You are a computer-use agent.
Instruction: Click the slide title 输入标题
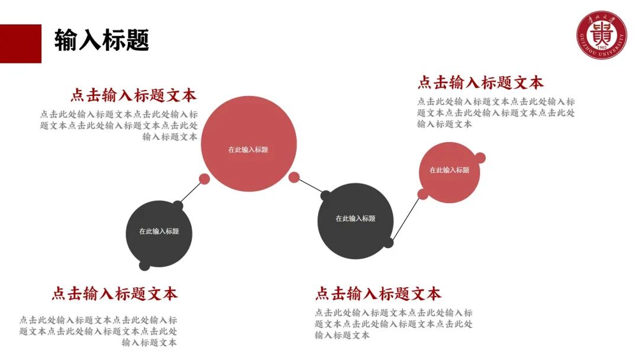pyautogui.click(x=101, y=40)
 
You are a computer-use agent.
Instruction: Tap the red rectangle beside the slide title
pyautogui.click(x=20, y=43)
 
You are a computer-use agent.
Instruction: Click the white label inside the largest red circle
pyautogui.click(x=248, y=150)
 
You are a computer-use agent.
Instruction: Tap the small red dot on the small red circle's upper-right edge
pyautogui.click(x=480, y=158)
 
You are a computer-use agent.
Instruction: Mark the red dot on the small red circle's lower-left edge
pyautogui.click(x=423, y=194)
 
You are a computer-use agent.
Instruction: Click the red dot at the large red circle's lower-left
pyautogui.click(x=204, y=179)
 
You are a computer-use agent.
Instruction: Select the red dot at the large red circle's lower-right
pyautogui.click(x=294, y=177)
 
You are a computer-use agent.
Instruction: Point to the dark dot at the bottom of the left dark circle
pyautogui.click(x=144, y=266)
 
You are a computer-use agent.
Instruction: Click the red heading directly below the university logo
pyautogui.click(x=480, y=82)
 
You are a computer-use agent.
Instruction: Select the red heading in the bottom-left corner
pyautogui.click(x=114, y=294)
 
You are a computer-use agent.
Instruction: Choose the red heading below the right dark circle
pyautogui.click(x=378, y=294)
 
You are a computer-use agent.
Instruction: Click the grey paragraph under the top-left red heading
pyautogui.click(x=119, y=126)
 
